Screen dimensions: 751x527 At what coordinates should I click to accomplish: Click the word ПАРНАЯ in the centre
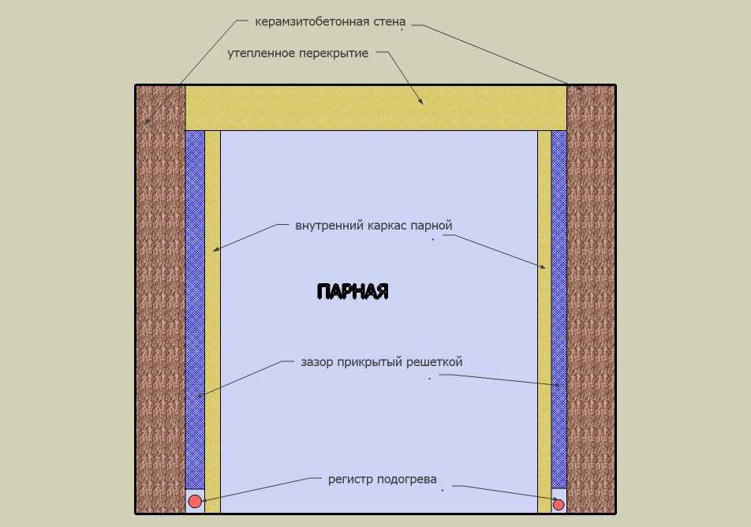353,291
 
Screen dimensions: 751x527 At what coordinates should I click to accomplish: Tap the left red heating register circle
194,501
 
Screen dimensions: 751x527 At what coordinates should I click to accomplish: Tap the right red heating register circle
559,504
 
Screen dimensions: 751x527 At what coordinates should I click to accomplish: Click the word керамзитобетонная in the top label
312,22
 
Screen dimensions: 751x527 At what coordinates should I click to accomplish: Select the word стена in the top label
389,22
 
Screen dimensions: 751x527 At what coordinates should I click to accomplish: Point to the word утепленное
261,53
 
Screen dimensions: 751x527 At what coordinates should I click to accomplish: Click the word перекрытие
334,53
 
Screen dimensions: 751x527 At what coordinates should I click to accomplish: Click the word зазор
316,362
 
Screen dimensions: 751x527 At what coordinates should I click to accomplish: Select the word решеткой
435,361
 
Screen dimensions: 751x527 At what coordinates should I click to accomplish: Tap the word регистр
350,480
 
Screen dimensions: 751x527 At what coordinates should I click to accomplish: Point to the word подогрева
406,480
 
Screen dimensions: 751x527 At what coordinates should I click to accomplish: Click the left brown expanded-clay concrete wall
160,300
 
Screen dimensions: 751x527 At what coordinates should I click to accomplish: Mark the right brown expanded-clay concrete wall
591,300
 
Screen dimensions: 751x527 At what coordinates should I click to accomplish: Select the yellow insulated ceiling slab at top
376,108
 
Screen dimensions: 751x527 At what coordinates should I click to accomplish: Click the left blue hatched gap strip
195,309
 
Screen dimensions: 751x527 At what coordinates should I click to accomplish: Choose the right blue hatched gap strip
559,309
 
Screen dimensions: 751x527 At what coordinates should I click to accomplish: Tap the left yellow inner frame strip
213,322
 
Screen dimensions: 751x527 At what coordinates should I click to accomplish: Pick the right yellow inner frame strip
544,322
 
